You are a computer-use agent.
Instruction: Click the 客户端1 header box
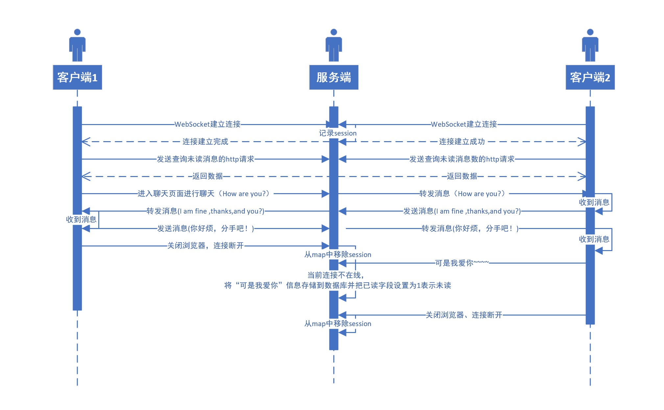pos(77,77)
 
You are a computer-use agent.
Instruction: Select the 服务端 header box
pos(334,77)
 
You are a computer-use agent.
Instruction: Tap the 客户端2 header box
pos(590,77)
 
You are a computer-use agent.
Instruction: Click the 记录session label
pos(338,133)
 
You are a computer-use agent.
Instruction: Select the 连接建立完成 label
pos(205,142)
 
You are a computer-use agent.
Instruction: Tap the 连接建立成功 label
pos(462,142)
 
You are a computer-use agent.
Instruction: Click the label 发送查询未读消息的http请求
pos(205,159)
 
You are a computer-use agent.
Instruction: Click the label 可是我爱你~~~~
pos(462,263)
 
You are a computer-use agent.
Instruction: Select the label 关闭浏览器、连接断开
pos(464,315)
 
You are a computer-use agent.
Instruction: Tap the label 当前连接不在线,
pos(336,275)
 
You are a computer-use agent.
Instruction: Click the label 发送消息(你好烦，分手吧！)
pos(205,228)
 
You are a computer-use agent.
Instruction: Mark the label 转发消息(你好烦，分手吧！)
pos(470,228)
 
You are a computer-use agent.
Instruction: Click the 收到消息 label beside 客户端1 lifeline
pos(81,219)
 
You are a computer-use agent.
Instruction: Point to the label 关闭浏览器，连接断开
pos(205,246)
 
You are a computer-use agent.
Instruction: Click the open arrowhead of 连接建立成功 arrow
pos(582,142)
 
